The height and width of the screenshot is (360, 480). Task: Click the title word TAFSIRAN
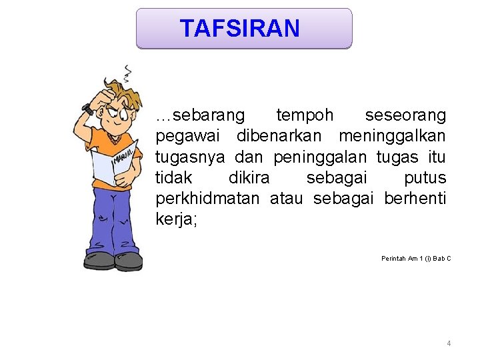click(240, 29)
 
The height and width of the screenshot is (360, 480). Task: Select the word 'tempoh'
click(305, 115)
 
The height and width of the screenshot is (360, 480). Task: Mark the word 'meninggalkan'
click(392, 136)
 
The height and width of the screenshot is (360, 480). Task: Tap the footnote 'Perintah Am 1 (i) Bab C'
click(416, 258)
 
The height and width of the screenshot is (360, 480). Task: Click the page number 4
click(449, 343)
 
